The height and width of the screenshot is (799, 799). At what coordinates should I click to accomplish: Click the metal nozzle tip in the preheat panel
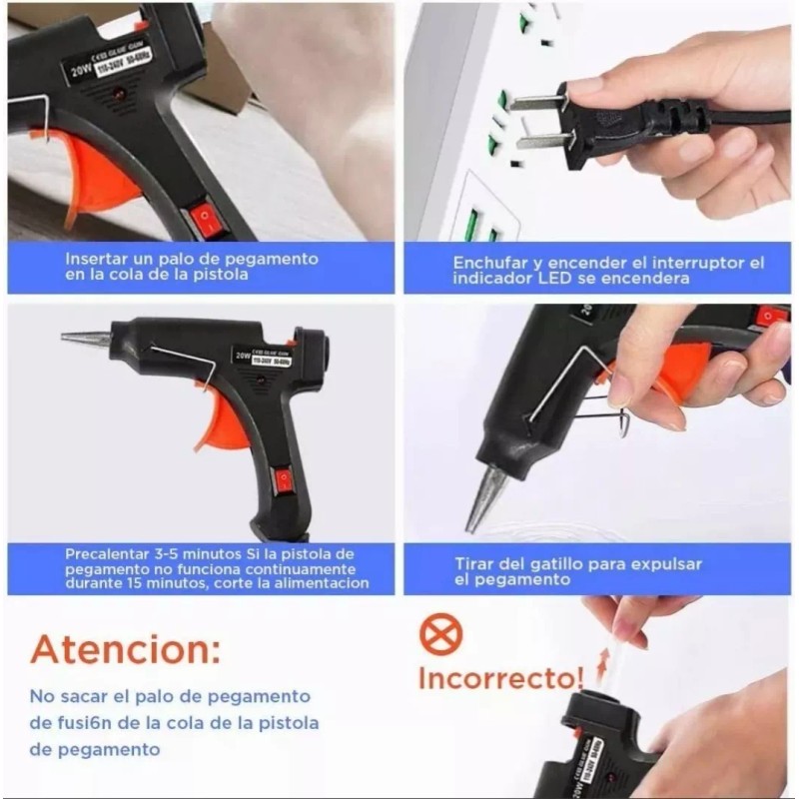tap(85, 339)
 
